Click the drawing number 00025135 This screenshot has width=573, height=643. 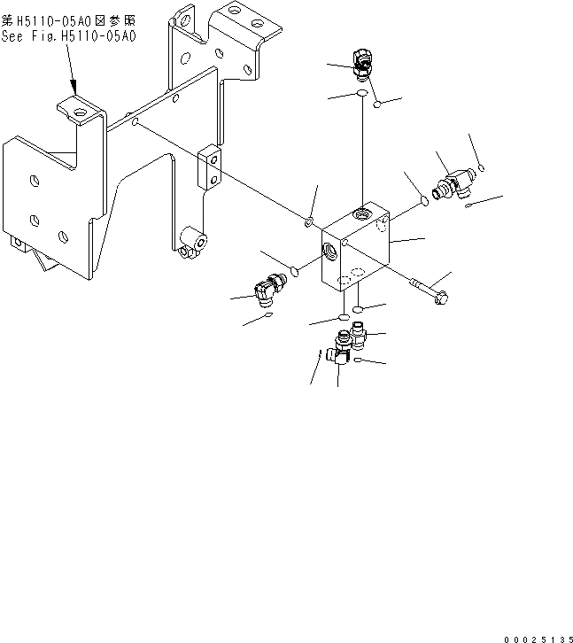536,637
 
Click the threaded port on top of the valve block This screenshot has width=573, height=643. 361,213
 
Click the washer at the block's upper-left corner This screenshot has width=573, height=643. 310,220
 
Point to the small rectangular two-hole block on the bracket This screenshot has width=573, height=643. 208,168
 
